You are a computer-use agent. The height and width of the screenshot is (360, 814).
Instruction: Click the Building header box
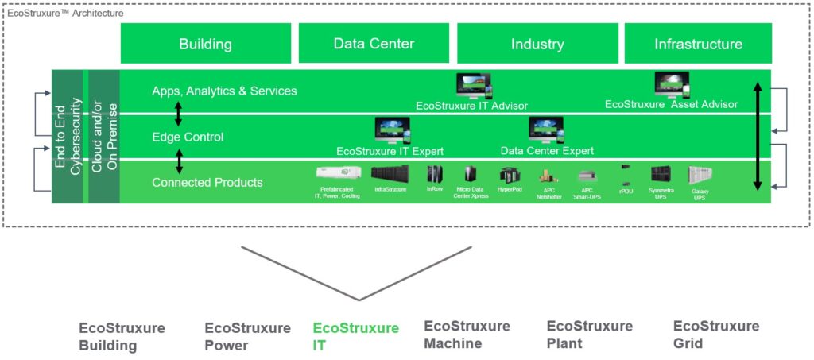205,44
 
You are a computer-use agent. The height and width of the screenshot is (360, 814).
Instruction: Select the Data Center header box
374,44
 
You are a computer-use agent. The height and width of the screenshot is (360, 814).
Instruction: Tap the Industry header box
537,44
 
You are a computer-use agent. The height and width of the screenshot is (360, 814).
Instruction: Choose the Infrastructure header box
698,44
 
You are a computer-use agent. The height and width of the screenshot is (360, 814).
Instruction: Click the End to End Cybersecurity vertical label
69,136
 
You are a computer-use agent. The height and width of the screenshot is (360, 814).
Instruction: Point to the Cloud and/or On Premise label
103,136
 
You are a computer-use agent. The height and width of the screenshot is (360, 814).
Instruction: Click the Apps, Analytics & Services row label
224,91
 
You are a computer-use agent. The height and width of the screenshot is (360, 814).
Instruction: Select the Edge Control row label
188,137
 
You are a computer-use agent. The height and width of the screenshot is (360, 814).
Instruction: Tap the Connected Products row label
207,182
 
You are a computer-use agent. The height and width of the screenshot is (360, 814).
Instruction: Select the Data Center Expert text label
547,151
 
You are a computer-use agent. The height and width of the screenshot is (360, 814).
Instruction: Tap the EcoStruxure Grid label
715,335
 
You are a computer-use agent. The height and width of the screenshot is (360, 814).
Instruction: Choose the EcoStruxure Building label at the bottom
122,336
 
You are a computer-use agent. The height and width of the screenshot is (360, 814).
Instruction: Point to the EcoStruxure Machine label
467,335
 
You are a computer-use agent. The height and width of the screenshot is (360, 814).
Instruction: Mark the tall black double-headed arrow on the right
758,136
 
